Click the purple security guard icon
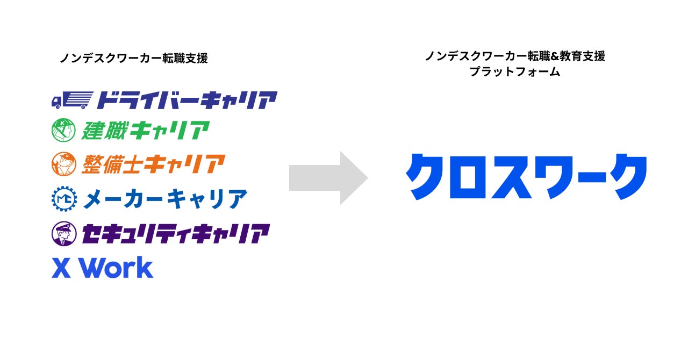tap(63, 234)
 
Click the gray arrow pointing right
tap(328, 178)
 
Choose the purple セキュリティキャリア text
tap(175, 234)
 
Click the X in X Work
tap(61, 268)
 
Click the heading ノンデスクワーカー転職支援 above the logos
tap(134, 59)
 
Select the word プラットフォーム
tap(514, 71)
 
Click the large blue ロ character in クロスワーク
tap(465, 177)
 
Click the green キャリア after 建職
tap(169, 131)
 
